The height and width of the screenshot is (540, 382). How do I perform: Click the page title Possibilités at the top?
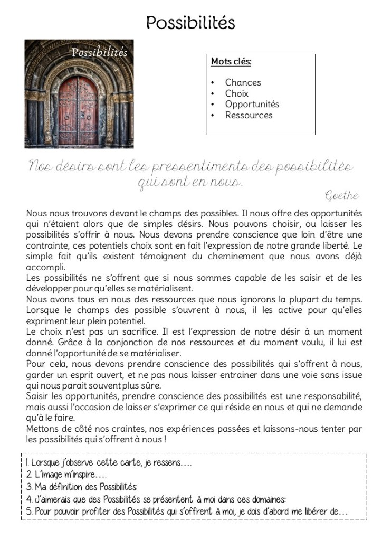click(190, 22)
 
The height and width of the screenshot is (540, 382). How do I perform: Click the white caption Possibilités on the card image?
click(100, 52)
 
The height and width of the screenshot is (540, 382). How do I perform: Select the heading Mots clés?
click(231, 62)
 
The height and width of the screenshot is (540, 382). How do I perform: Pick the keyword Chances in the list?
click(243, 82)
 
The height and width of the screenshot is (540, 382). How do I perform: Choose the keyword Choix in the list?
click(236, 93)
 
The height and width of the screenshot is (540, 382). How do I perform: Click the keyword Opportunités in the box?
click(252, 104)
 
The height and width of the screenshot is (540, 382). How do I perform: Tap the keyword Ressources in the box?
click(249, 115)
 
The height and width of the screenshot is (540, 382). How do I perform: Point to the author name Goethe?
click(342, 196)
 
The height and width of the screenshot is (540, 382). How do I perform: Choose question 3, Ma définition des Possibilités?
click(81, 486)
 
